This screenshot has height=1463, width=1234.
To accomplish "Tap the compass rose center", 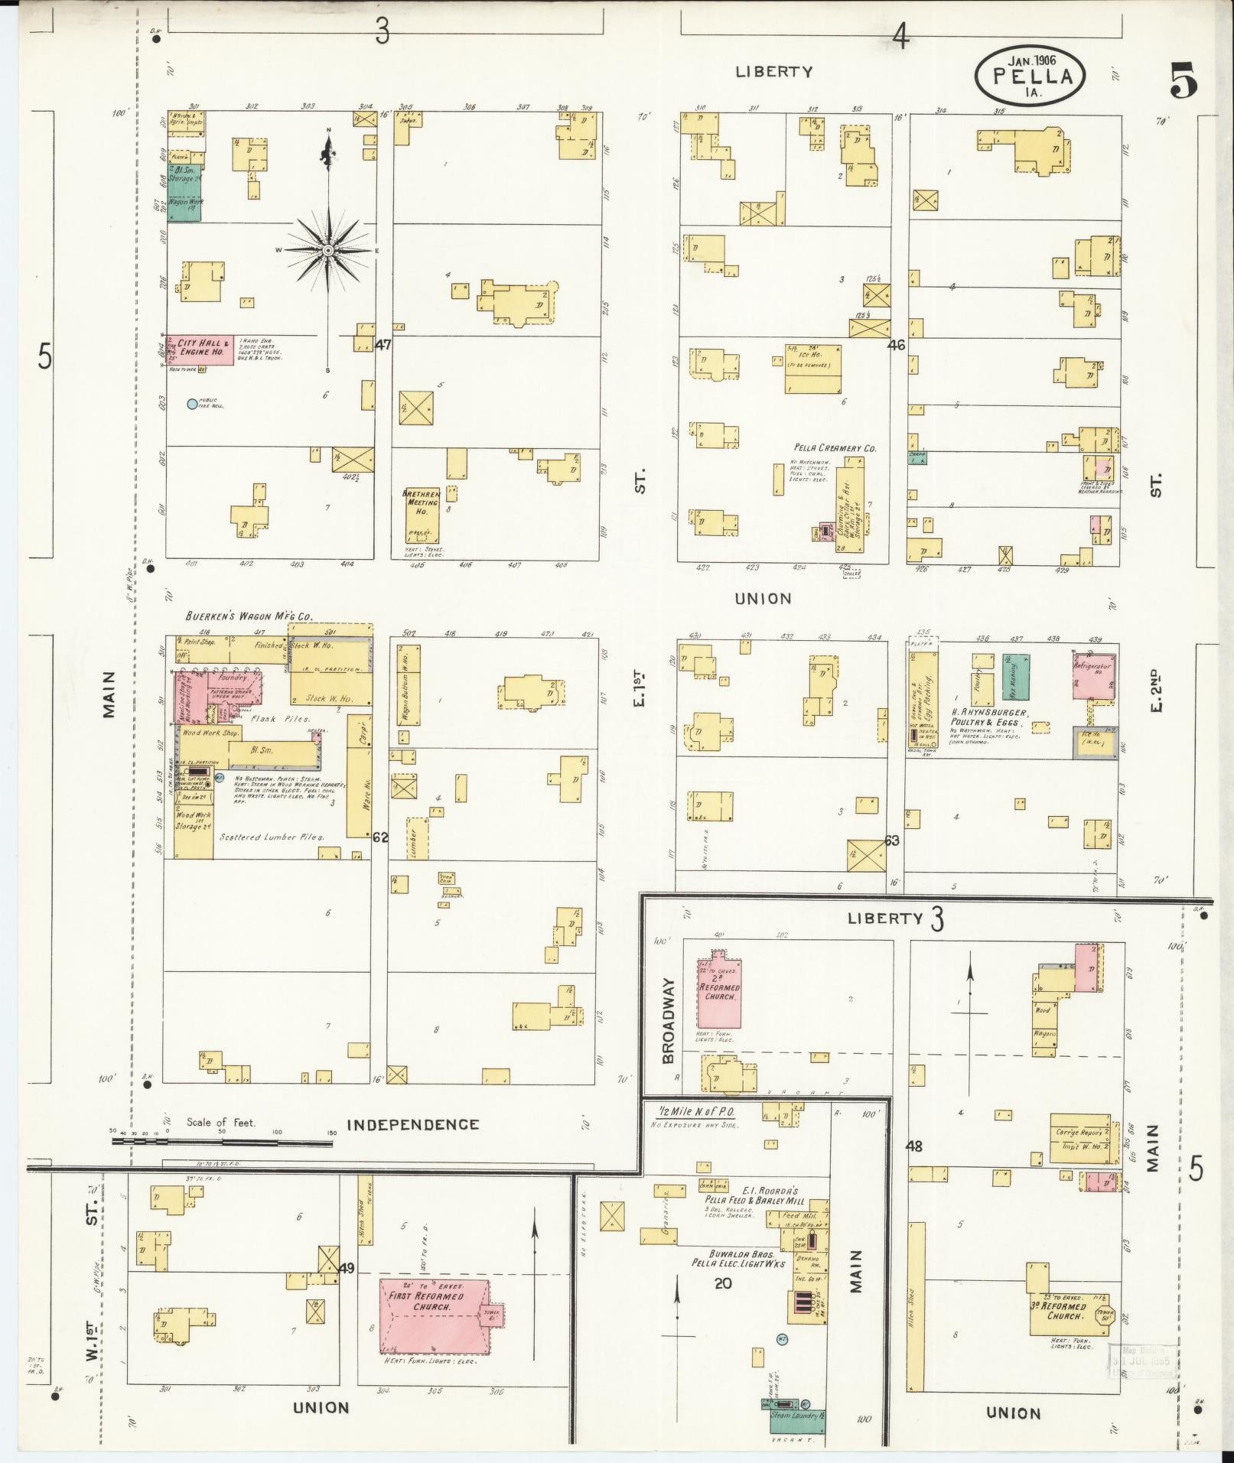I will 327,250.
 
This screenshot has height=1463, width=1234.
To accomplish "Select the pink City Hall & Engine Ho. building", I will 200,350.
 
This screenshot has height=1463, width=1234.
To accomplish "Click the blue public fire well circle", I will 192,404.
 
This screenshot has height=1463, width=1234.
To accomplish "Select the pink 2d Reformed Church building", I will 718,991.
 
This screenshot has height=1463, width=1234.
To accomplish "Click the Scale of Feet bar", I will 222,1142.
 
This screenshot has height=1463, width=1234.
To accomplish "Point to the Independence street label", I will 413,1124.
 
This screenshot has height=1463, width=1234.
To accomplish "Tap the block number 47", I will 383,345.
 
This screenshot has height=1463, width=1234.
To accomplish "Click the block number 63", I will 891,840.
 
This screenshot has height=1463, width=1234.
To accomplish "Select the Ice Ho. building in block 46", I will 812,369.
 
